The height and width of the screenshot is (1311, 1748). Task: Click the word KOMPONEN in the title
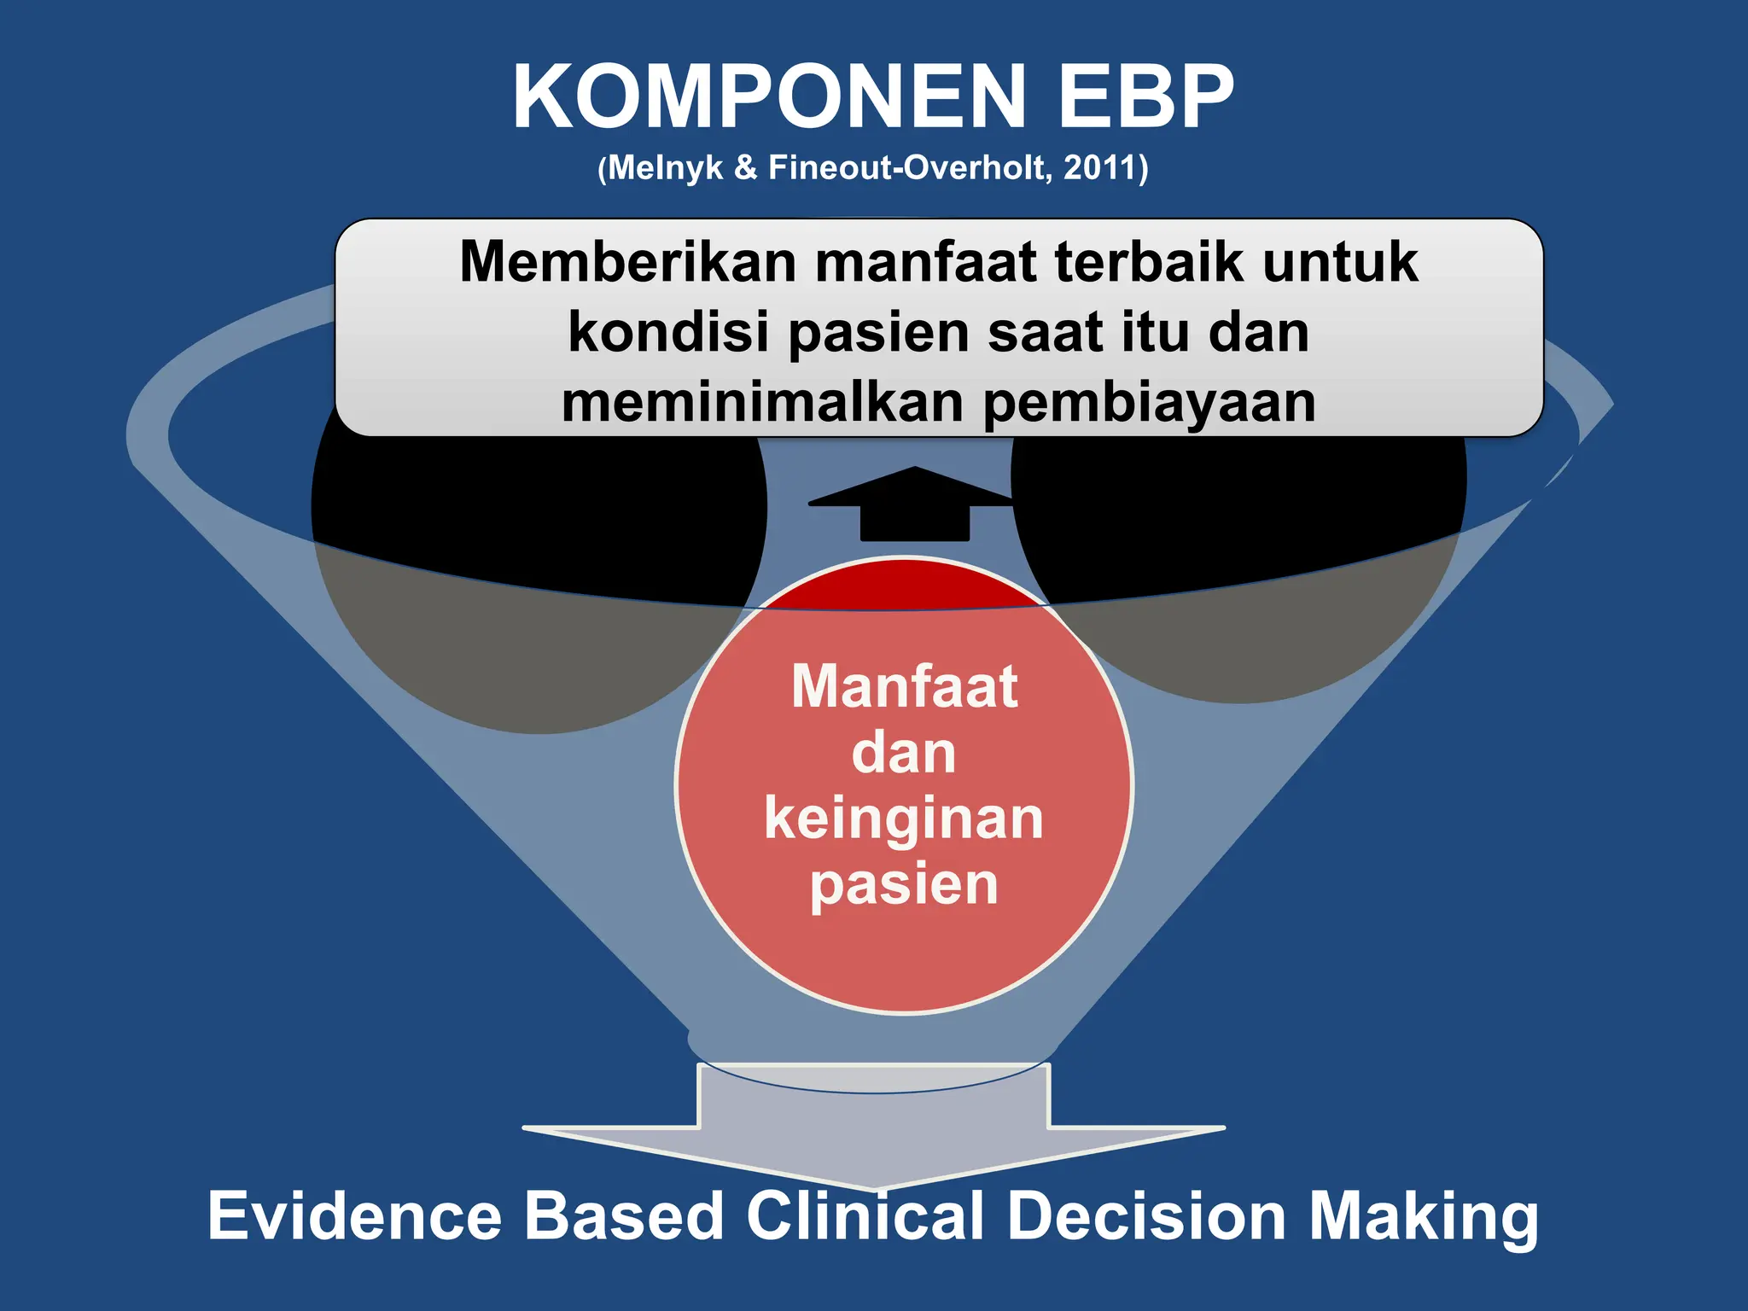(x=768, y=97)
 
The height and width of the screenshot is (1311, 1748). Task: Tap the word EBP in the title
(x=1146, y=97)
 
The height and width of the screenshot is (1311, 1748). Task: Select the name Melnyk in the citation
(x=666, y=167)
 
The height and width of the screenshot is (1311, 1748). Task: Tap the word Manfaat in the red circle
(x=905, y=686)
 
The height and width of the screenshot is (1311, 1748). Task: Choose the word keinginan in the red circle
(x=904, y=818)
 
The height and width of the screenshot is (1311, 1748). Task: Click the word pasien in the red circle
(x=904, y=884)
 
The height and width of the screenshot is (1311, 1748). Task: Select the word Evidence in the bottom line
(x=354, y=1215)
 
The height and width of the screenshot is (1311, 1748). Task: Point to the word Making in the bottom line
(x=1424, y=1217)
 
